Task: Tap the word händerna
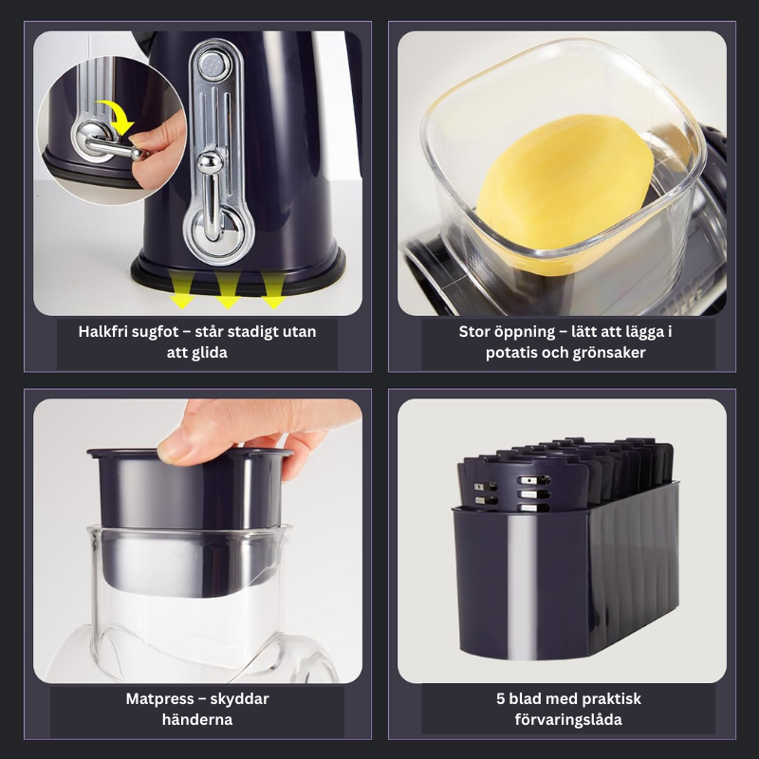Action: pos(197,720)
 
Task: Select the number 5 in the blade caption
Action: pos(500,699)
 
